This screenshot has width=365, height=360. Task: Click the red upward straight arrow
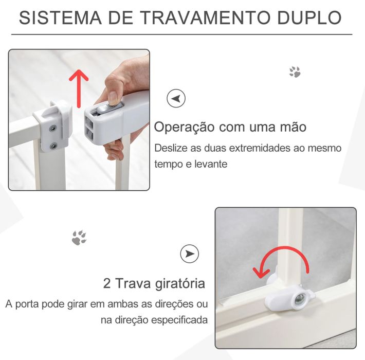coord(79,85)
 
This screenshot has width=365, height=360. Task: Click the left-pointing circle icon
coord(176,98)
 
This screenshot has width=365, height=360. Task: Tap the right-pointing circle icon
coord(190,254)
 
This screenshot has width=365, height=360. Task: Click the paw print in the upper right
coord(295,71)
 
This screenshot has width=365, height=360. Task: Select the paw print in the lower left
coord(79,238)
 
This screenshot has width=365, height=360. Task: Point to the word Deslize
coord(171,148)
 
